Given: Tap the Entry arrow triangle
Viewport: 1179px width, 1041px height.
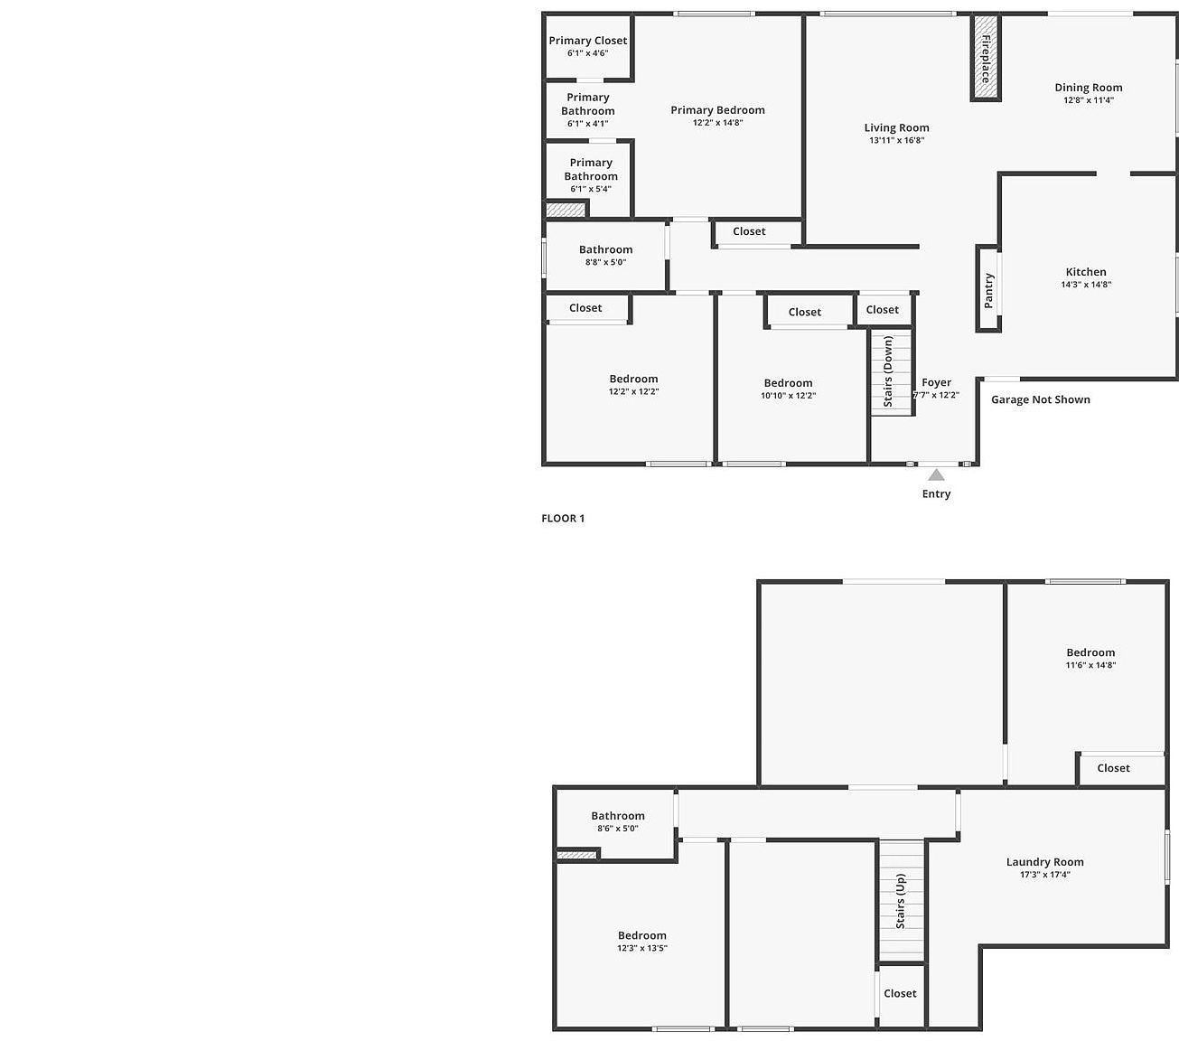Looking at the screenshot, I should (937, 474).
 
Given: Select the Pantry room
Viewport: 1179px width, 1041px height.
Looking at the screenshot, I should (988, 290).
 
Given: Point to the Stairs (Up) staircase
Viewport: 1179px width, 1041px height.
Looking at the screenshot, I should (902, 900).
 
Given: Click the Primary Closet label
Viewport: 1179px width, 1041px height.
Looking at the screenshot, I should (588, 41).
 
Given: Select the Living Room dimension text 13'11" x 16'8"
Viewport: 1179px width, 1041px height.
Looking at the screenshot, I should (896, 140).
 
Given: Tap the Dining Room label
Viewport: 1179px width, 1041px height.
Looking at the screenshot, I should (1089, 88).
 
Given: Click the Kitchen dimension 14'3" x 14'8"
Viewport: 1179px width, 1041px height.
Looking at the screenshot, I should (1086, 285).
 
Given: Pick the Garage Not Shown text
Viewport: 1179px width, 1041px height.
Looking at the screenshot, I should (1041, 399).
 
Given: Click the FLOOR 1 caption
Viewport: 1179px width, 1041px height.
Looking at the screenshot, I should (563, 519).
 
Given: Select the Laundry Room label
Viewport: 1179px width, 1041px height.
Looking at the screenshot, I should (1044, 862).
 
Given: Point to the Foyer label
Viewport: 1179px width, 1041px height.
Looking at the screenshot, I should (937, 382).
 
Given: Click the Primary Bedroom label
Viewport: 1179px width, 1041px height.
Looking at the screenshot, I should (717, 110).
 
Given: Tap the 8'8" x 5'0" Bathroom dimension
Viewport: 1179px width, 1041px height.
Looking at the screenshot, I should (605, 262).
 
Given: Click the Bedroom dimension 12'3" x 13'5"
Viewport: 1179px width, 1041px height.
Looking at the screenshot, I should (642, 949).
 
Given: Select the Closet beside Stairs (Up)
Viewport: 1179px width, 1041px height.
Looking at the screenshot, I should (900, 993).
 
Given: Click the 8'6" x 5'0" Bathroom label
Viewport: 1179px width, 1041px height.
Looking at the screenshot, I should (618, 816).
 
